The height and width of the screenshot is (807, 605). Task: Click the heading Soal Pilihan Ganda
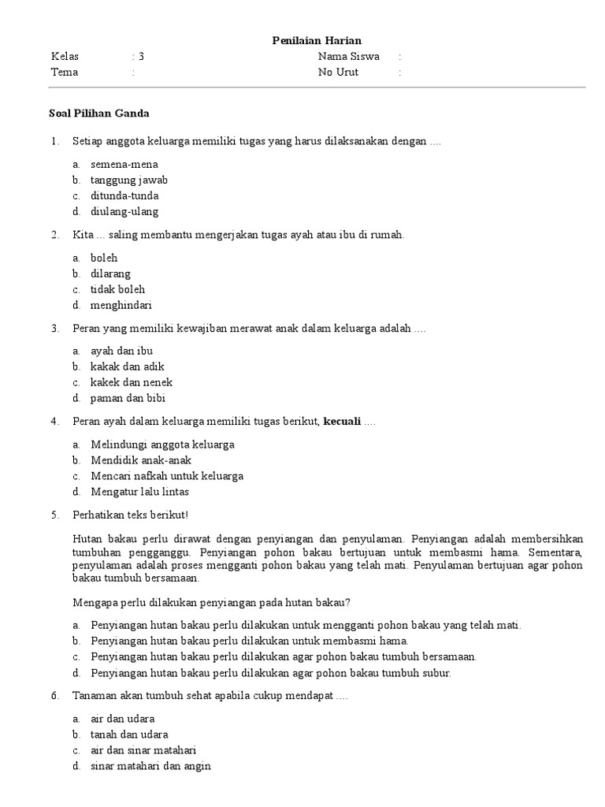[100, 113]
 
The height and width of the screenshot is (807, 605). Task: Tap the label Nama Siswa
[348, 57]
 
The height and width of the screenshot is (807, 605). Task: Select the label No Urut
[338, 73]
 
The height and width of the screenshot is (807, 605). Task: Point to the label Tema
[65, 73]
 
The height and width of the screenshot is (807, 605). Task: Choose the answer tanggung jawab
[129, 180]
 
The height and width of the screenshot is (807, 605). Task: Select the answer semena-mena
[124, 164]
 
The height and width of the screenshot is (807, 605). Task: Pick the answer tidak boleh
[118, 289]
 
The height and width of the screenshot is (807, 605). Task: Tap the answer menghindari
[121, 305]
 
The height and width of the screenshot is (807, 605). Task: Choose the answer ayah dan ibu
[122, 351]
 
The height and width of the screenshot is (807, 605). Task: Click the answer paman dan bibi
[128, 398]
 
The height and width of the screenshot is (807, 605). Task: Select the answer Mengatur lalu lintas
[139, 492]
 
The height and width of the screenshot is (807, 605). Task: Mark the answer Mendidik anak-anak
[141, 460]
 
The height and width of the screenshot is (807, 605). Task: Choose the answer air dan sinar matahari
[143, 750]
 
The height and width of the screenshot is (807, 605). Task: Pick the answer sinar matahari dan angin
[150, 766]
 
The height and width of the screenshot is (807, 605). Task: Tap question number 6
[55, 697]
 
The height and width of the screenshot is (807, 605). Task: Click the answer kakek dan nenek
[132, 382]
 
